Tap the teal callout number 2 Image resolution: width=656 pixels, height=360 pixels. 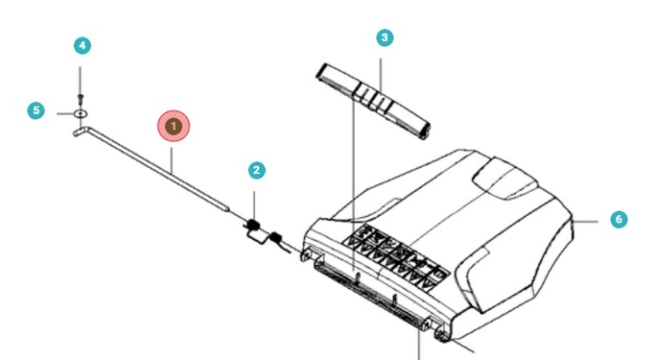pos(257,170)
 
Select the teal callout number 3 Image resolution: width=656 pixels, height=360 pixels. pos(384,37)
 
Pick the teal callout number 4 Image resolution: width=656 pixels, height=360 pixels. pos(82,45)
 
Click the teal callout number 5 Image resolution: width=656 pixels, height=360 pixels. pos(36,110)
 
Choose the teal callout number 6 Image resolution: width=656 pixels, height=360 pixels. pos(619,220)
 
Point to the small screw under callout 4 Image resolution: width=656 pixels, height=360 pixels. pos(81,97)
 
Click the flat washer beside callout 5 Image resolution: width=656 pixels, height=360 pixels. pos(81,113)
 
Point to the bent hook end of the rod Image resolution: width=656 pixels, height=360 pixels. pos(78,131)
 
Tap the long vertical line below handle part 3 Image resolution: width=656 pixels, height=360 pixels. pos(352,182)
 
